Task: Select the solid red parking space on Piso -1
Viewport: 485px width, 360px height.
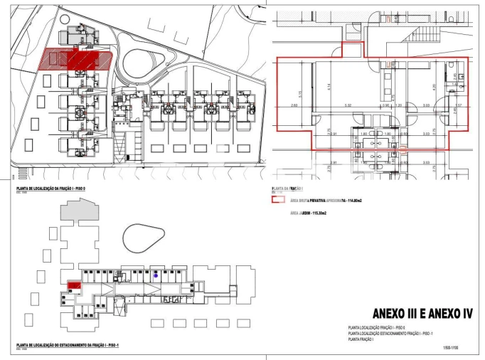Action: (73, 286)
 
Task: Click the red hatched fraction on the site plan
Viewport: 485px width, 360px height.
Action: (74, 58)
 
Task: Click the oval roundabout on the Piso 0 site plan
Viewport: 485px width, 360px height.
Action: (144, 63)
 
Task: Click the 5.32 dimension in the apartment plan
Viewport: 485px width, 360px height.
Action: (348, 106)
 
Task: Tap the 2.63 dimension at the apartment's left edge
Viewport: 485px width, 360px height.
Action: (284, 106)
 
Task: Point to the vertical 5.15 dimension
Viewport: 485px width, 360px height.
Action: (301, 92)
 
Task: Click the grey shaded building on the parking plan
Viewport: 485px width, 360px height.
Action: (77, 210)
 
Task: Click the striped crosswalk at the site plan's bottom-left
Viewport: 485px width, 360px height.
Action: (23, 171)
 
